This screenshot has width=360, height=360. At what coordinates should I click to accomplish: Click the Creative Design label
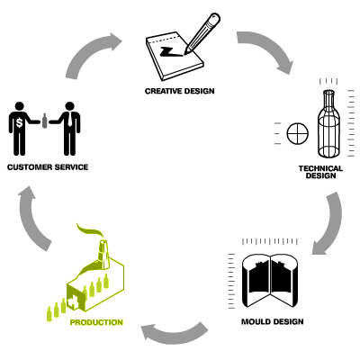(x=180, y=91)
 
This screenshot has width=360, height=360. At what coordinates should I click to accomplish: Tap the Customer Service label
(x=48, y=167)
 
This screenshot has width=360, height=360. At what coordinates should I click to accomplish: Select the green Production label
(x=96, y=322)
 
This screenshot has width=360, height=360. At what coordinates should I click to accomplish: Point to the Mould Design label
(x=273, y=322)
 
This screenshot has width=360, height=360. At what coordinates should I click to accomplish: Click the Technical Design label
(x=320, y=172)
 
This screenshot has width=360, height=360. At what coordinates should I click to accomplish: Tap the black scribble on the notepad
(x=170, y=51)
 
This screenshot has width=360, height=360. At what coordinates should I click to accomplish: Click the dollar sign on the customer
(x=20, y=122)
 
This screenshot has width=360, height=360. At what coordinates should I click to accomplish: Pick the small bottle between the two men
(x=45, y=121)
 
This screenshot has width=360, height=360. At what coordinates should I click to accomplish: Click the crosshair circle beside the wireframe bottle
(x=298, y=133)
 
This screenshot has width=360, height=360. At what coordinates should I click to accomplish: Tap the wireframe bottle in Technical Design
(x=328, y=123)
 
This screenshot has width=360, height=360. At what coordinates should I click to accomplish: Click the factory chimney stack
(x=103, y=255)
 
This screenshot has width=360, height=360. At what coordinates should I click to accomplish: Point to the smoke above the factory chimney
(x=90, y=230)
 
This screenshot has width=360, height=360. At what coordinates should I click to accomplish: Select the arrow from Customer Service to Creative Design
(x=90, y=51)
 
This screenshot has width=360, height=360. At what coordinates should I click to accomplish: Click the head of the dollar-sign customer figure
(x=20, y=106)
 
